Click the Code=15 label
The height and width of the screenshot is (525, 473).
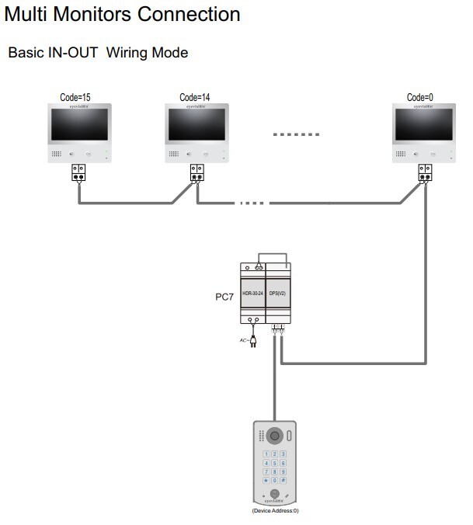75,98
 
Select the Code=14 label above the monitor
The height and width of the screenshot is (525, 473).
195,98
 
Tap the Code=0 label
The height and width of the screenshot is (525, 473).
420,98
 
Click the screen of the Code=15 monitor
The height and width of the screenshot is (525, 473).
79,124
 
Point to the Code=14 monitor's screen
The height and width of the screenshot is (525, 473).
199,124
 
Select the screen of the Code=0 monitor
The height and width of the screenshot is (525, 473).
424,124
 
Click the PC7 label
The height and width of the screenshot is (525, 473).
224,296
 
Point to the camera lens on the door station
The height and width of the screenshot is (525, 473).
274,436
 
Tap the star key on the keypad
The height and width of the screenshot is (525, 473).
266,481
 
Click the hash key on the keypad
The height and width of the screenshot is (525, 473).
283,481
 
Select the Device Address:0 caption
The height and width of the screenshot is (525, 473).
275,511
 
